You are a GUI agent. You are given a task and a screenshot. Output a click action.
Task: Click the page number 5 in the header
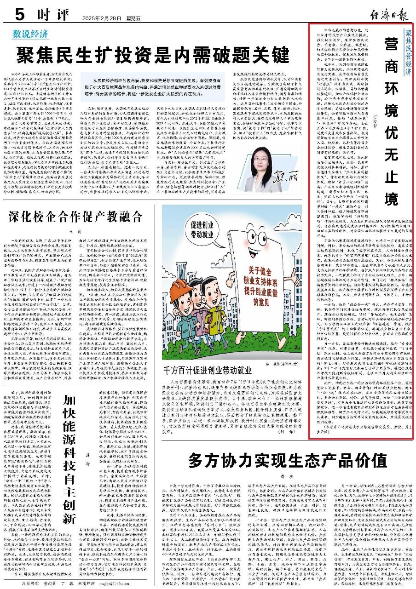[19, 15]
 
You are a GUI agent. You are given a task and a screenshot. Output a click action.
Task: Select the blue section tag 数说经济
[30, 34]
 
